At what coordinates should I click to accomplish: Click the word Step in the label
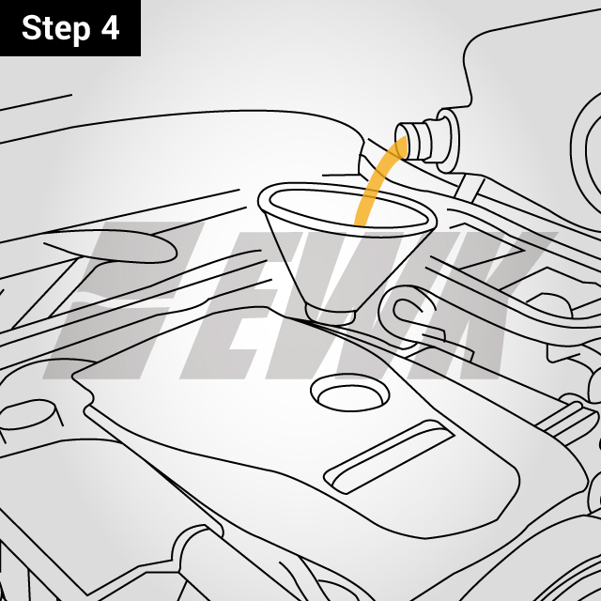(x=55, y=28)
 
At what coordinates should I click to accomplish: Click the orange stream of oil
(x=374, y=188)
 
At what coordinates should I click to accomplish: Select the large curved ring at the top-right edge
(x=582, y=141)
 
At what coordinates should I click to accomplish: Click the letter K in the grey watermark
(x=488, y=300)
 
